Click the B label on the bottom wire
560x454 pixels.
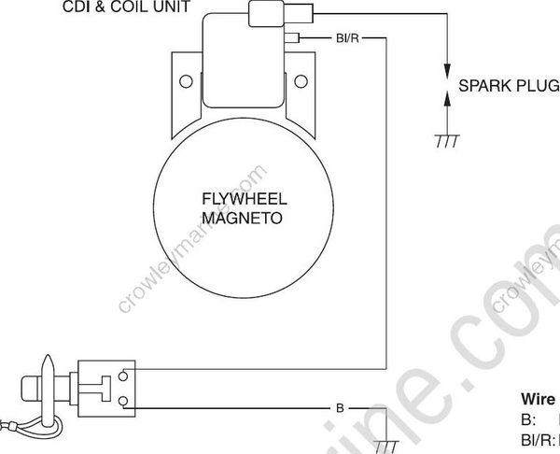(340, 409)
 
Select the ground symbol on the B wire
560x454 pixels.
(385, 443)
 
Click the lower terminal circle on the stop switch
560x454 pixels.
(125, 403)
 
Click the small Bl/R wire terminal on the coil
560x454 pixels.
(295, 38)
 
